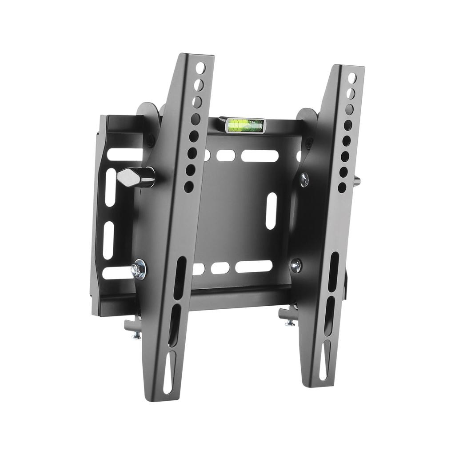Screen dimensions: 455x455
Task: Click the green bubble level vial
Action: coord(244,125)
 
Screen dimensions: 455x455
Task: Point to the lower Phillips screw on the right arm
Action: coord(296,265)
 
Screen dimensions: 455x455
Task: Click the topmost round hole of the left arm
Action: coord(200,68)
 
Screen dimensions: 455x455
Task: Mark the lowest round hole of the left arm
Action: coord(188,186)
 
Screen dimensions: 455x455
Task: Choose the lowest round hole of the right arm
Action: coord(342,188)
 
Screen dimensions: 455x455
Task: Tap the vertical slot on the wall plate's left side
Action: coord(108,240)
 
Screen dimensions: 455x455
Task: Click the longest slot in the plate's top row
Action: coord(260,156)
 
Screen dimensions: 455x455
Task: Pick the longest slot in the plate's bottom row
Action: coord(254,267)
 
